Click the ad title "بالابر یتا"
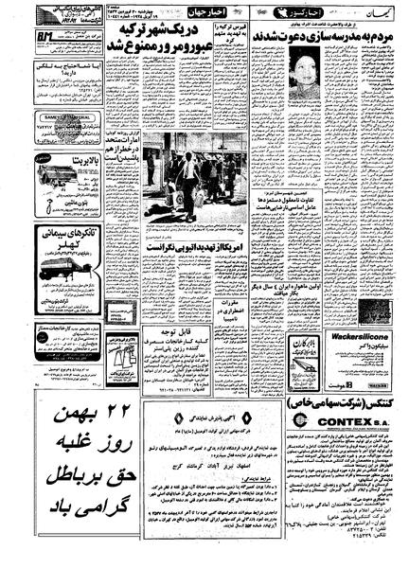point(71,163)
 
